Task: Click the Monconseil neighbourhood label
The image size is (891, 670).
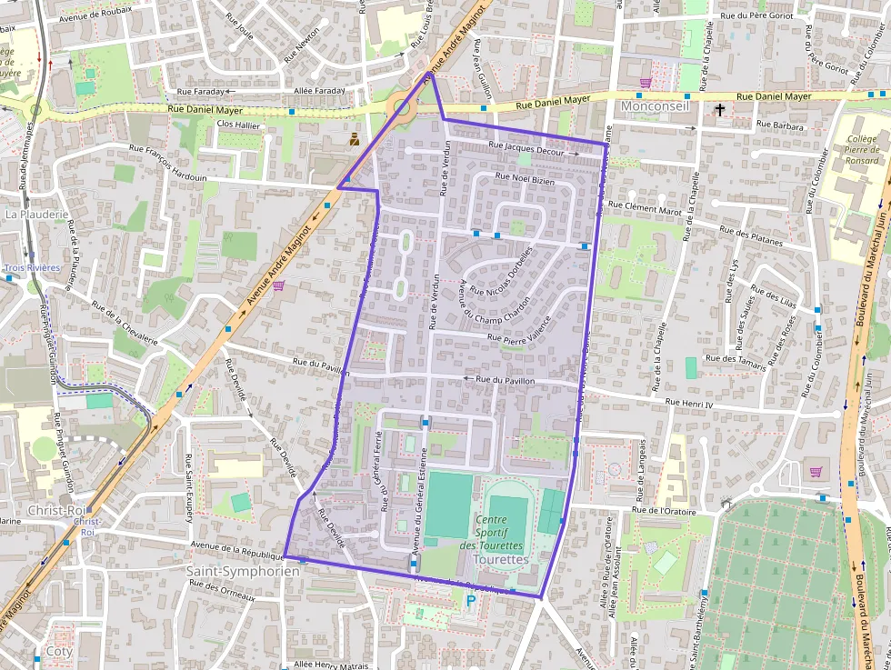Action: point(655,106)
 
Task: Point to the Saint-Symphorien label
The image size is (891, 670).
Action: point(242,571)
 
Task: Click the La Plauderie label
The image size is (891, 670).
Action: point(37,215)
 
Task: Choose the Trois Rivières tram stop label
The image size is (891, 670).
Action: point(32,267)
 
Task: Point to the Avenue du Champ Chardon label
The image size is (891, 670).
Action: point(495,299)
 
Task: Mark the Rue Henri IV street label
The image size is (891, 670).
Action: point(691,402)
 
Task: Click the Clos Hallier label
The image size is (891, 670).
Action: point(238,125)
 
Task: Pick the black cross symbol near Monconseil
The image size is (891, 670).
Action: point(720,110)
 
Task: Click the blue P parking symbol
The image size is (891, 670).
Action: point(470,601)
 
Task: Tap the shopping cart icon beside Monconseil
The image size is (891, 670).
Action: point(646,83)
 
